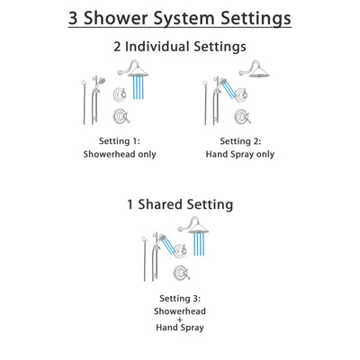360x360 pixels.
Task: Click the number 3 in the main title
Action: tap(76, 19)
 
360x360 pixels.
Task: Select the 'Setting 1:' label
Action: tap(121, 141)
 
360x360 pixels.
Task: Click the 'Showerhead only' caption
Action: tap(121, 154)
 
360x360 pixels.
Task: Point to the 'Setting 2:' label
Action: tap(240, 141)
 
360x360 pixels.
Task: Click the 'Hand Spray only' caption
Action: tap(240, 154)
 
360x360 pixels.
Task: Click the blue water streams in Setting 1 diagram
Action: tap(139, 88)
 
